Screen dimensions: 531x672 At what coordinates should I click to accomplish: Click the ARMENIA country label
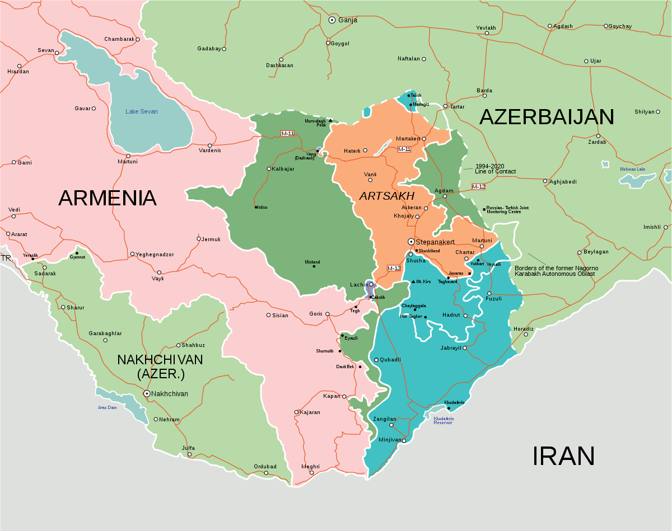(x=107, y=198)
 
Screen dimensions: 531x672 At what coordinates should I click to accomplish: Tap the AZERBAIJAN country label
(x=547, y=117)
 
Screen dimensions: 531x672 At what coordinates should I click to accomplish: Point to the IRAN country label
(x=563, y=456)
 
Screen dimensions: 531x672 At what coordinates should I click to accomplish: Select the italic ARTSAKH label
(x=387, y=196)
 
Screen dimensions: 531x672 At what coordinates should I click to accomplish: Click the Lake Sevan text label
(x=141, y=111)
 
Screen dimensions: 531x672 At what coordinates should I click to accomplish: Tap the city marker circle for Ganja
(x=332, y=20)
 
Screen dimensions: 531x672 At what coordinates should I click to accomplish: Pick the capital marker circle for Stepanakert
(x=410, y=242)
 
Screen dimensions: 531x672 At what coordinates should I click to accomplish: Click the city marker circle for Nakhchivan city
(x=147, y=393)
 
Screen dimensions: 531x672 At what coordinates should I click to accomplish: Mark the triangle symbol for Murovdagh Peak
(x=330, y=120)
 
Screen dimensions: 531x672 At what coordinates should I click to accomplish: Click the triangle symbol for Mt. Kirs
(x=413, y=281)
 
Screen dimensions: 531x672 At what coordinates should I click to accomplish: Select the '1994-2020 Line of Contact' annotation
(x=496, y=169)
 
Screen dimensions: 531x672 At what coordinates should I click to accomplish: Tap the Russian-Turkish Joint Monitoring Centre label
(x=507, y=210)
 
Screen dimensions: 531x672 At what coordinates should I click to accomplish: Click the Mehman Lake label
(x=632, y=169)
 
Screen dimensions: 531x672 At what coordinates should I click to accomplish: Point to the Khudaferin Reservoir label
(x=443, y=420)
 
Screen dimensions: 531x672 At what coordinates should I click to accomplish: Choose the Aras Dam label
(x=108, y=407)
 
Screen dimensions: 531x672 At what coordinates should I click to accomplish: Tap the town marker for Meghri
(x=312, y=473)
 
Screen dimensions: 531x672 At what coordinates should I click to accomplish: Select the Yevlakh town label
(x=486, y=27)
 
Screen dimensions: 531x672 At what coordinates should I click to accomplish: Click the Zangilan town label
(x=385, y=419)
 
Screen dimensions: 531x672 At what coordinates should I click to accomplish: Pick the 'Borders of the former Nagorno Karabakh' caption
(x=556, y=271)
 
